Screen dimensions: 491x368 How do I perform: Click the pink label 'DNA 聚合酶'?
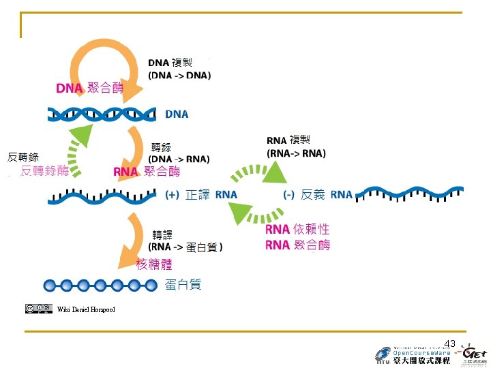click(x=90, y=88)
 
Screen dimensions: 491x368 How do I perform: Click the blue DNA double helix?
click(x=102, y=114)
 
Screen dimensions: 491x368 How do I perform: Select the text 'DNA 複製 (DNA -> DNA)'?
click(x=179, y=69)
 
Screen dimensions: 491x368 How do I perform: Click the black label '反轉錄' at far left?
click(x=23, y=157)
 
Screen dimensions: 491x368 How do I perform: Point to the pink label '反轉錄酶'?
click(x=44, y=171)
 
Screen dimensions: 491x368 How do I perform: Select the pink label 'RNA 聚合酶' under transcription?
click(x=147, y=171)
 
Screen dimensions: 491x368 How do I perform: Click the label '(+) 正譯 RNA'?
click(x=202, y=195)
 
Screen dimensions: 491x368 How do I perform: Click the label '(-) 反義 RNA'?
click(x=318, y=195)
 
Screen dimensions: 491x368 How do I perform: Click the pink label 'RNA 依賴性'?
click(x=297, y=230)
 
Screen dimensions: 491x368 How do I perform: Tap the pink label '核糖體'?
click(x=154, y=264)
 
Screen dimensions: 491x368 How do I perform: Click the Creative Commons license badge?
click(x=39, y=309)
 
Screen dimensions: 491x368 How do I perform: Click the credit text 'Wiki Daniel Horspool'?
click(x=86, y=310)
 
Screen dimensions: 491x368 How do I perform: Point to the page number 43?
click(x=449, y=343)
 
